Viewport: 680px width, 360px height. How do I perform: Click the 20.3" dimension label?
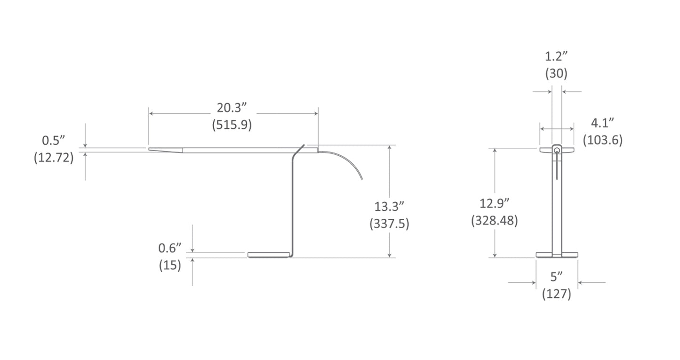(x=232, y=108)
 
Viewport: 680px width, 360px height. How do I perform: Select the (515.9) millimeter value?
(x=232, y=125)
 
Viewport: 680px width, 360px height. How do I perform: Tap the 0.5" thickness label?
(x=54, y=141)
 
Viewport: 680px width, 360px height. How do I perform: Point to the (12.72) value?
(x=54, y=158)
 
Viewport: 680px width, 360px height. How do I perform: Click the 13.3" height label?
(x=389, y=207)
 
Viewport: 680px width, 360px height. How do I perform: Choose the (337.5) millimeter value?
(x=390, y=224)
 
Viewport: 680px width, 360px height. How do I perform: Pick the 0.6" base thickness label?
(x=170, y=248)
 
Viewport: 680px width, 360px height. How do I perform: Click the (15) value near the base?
(x=170, y=265)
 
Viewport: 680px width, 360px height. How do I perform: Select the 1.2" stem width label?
(x=556, y=56)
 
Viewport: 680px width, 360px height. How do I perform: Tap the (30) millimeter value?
(x=556, y=73)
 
